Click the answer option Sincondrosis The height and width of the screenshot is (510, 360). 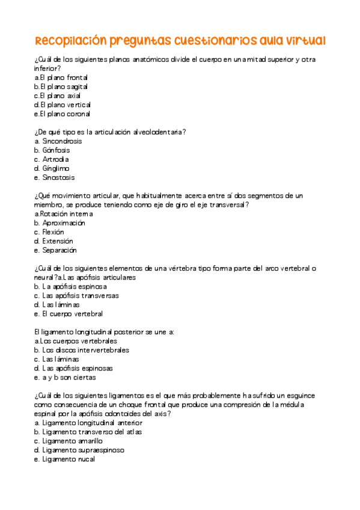(x=62, y=141)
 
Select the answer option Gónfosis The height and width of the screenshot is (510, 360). (x=56, y=150)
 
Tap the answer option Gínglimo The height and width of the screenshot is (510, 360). (x=56, y=168)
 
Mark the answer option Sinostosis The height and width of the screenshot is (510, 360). (x=58, y=177)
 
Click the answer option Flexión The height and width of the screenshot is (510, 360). (x=53, y=232)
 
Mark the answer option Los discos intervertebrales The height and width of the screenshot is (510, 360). (x=85, y=350)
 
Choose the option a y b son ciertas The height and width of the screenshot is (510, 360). (x=69, y=378)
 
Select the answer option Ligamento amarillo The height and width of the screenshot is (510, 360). (x=72, y=441)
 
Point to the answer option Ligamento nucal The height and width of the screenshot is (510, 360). (x=69, y=459)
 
